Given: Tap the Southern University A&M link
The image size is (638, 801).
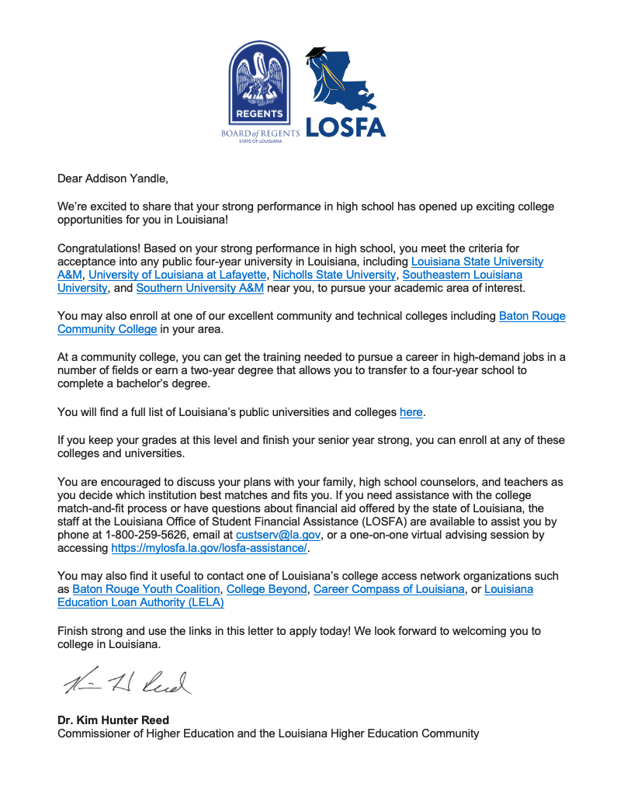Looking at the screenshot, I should pyautogui.click(x=199, y=288).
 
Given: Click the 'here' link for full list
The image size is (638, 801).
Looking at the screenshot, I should pyautogui.click(x=411, y=412).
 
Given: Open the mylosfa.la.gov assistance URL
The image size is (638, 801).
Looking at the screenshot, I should pyautogui.click(x=210, y=548).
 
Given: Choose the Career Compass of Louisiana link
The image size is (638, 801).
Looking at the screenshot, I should pyautogui.click(x=389, y=589).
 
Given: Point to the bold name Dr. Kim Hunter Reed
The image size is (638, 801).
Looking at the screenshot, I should pyautogui.click(x=114, y=720).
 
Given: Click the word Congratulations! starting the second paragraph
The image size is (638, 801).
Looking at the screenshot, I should pyautogui.click(x=99, y=248).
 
